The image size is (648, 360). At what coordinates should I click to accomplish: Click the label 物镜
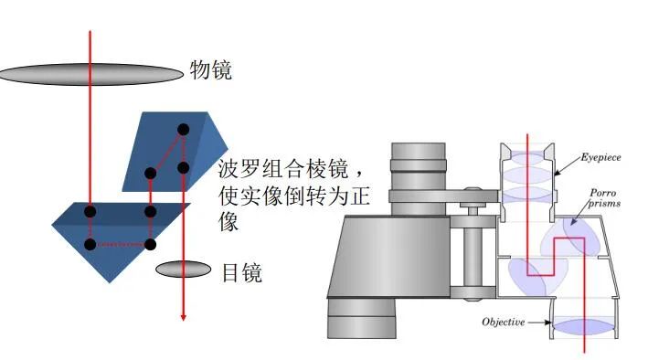212,69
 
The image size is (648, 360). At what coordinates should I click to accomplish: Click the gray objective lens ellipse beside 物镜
91,74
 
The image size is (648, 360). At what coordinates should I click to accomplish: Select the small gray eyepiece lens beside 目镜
184,270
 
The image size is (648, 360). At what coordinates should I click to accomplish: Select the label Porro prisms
606,198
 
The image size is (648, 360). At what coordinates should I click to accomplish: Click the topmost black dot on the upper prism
183,129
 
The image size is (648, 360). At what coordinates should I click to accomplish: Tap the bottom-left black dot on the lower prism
90,244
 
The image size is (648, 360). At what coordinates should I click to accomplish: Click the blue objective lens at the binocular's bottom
583,326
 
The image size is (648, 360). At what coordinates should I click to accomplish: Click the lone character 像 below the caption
229,222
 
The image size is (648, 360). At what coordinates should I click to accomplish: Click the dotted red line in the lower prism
120,244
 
